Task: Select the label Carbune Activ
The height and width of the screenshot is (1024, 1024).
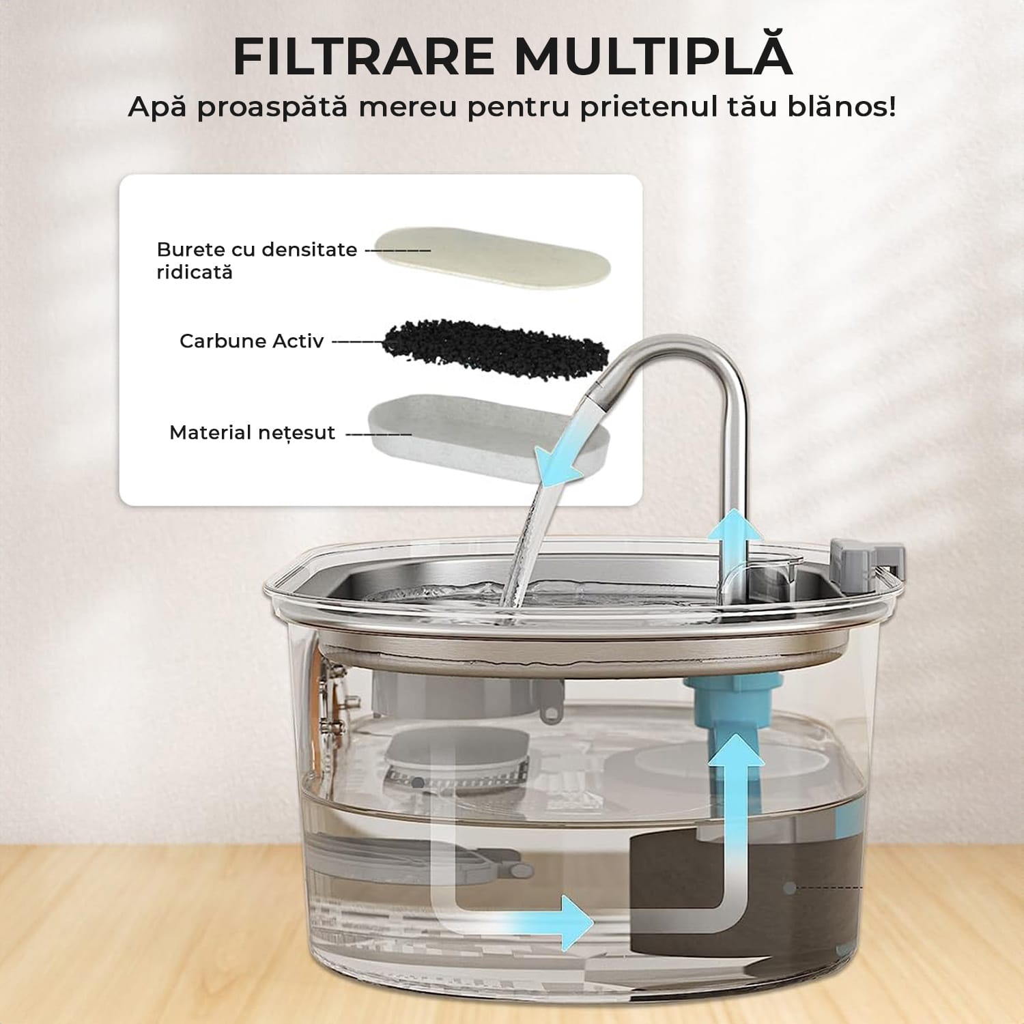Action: (251, 341)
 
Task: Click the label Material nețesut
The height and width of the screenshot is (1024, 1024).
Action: (252, 433)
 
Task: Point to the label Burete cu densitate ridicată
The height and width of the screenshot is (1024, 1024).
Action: (257, 260)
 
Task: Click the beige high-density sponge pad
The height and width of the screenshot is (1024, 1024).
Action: (492, 257)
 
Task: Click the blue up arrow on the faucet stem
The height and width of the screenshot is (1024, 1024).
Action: (734, 536)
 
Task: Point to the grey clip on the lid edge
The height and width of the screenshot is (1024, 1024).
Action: (867, 564)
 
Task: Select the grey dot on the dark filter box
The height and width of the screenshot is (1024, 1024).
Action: (790, 888)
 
